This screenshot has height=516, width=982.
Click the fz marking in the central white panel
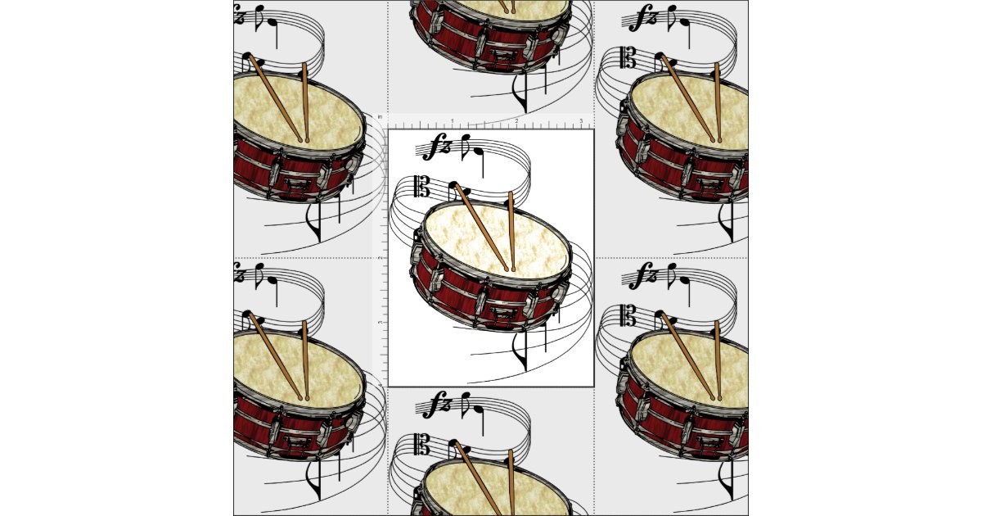pos(439,147)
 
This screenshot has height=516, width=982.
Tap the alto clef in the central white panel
pos(422,187)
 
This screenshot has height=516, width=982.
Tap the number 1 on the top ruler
pos(452,121)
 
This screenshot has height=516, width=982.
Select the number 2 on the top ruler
pos(516,121)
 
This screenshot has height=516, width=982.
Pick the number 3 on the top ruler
pos(581,121)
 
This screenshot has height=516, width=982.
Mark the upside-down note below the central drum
pos(518,352)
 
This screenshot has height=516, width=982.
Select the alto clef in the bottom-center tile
pos(422,444)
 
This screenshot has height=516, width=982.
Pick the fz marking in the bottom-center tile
pos(439,405)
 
